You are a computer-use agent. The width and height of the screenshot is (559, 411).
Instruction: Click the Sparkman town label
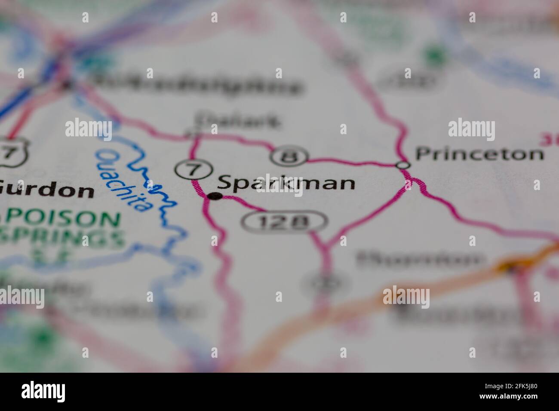coord(286,184)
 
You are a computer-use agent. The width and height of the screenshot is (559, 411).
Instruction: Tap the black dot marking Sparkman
coord(215,196)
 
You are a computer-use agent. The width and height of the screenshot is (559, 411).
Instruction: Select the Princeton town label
coord(479,154)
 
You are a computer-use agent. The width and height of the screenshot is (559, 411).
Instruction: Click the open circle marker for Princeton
coord(403,164)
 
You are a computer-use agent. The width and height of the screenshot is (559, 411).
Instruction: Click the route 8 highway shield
coord(289,157)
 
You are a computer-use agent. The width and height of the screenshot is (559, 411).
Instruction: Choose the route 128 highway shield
coord(284,222)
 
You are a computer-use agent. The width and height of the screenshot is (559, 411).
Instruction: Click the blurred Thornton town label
coord(419,259)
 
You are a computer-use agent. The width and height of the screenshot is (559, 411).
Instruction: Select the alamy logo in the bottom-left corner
coord(43,392)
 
